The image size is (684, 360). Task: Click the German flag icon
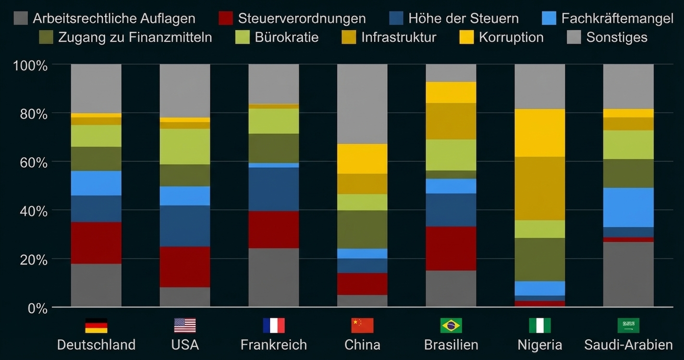click(x=96, y=325)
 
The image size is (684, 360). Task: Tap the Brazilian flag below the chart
click(x=451, y=325)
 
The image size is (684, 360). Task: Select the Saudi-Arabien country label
click(x=628, y=345)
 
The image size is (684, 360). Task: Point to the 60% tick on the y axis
click(x=30, y=162)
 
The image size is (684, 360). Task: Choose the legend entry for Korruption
click(x=511, y=37)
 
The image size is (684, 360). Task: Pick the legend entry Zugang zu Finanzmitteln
click(x=134, y=37)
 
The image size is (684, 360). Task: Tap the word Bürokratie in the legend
click(x=286, y=37)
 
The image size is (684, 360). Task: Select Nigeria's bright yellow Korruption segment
click(x=539, y=133)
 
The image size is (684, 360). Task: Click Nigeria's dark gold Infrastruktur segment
click(x=539, y=188)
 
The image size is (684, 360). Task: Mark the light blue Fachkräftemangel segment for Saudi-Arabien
click(x=628, y=207)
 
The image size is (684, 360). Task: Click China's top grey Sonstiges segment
click(x=362, y=104)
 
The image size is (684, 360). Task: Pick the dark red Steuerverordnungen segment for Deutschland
click(x=96, y=242)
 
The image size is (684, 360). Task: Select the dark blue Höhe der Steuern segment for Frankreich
click(x=273, y=189)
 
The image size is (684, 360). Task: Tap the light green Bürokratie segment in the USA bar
click(x=185, y=146)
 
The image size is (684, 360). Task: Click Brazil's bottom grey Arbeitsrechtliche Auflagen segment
click(x=451, y=288)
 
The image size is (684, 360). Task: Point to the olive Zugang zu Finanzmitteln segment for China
click(x=362, y=229)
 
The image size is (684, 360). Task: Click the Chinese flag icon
click(x=362, y=325)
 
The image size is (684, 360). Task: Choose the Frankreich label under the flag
click(x=273, y=345)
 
